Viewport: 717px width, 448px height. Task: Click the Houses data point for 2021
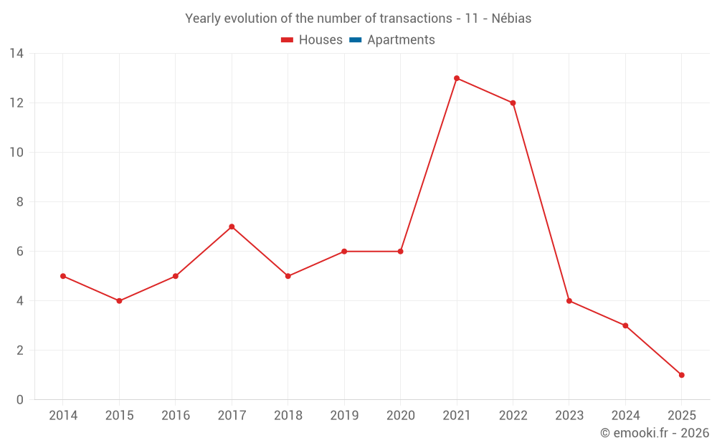click(x=457, y=78)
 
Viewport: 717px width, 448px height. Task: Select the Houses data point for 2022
click(x=513, y=103)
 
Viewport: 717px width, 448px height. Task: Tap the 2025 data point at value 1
click(x=681, y=375)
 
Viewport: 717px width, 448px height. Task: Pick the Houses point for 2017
click(x=232, y=227)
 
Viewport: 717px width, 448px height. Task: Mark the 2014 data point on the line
click(x=63, y=276)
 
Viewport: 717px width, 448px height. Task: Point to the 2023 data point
click(x=569, y=301)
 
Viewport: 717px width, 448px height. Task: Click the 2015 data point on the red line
click(x=119, y=301)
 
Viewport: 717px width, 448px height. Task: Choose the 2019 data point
click(x=344, y=252)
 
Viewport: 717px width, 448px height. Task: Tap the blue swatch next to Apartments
click(x=356, y=40)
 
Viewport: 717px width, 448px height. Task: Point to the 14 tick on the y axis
click(x=16, y=54)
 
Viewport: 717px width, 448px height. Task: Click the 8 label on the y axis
click(x=20, y=202)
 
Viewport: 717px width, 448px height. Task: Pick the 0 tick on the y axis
click(x=20, y=400)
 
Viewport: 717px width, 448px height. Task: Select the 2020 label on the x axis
click(x=400, y=416)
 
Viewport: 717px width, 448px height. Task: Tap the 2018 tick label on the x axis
click(x=288, y=416)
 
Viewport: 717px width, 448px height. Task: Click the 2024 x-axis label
click(x=625, y=416)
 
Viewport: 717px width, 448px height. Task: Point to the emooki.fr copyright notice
click(x=654, y=433)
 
